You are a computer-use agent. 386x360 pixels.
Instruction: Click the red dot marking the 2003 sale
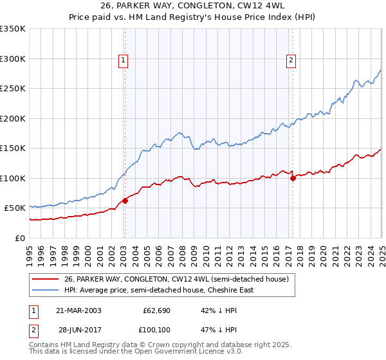(x=125, y=200)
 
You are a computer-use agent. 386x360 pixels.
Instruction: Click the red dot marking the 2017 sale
(x=293, y=178)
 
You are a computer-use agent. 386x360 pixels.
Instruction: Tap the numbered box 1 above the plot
(x=123, y=60)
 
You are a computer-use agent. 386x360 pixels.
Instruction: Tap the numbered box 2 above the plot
(x=291, y=60)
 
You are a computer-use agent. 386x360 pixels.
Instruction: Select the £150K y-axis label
(x=13, y=148)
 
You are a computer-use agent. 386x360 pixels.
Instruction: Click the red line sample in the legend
(x=46, y=279)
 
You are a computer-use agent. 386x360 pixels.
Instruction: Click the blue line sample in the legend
(x=46, y=290)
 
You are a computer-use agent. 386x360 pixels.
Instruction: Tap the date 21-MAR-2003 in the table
(x=78, y=310)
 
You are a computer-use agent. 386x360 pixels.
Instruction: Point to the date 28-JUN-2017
(x=78, y=330)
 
